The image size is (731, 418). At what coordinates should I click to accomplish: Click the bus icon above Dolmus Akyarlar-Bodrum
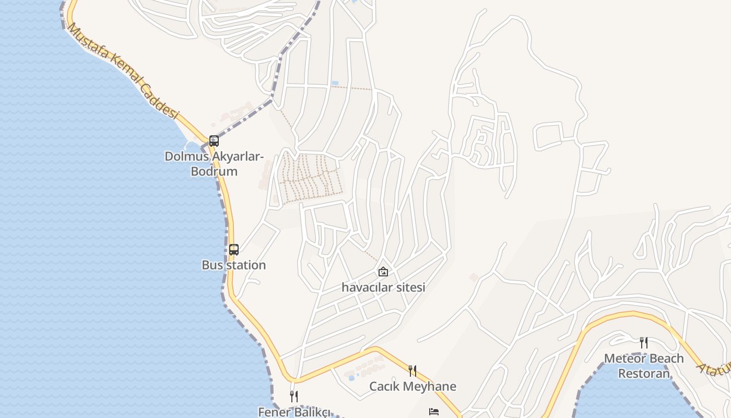214,141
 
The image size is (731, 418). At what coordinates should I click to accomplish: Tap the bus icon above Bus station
233,250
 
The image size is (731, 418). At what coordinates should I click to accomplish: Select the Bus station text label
233,265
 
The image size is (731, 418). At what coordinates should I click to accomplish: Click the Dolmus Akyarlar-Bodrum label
214,164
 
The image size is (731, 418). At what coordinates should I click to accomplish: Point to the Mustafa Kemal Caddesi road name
123,72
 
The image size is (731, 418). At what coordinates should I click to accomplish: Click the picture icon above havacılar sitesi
383,272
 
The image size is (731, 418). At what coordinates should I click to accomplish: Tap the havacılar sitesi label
383,287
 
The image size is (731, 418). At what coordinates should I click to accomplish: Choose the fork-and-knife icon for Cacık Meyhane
412,371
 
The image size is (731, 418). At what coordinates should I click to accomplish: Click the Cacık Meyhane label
412,386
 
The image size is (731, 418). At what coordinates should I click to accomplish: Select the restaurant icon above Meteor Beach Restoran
644,343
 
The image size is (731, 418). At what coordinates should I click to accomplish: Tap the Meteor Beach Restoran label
644,366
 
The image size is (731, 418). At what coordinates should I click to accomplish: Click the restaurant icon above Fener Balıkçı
294,397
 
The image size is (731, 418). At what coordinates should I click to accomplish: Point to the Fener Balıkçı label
294,412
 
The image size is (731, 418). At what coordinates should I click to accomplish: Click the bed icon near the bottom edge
434,412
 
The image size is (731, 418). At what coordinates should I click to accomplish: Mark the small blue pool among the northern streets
335,83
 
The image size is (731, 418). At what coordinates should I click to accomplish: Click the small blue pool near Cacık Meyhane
351,377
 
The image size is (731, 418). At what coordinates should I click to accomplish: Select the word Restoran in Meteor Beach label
644,374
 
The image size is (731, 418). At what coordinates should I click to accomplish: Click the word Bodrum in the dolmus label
214,171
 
